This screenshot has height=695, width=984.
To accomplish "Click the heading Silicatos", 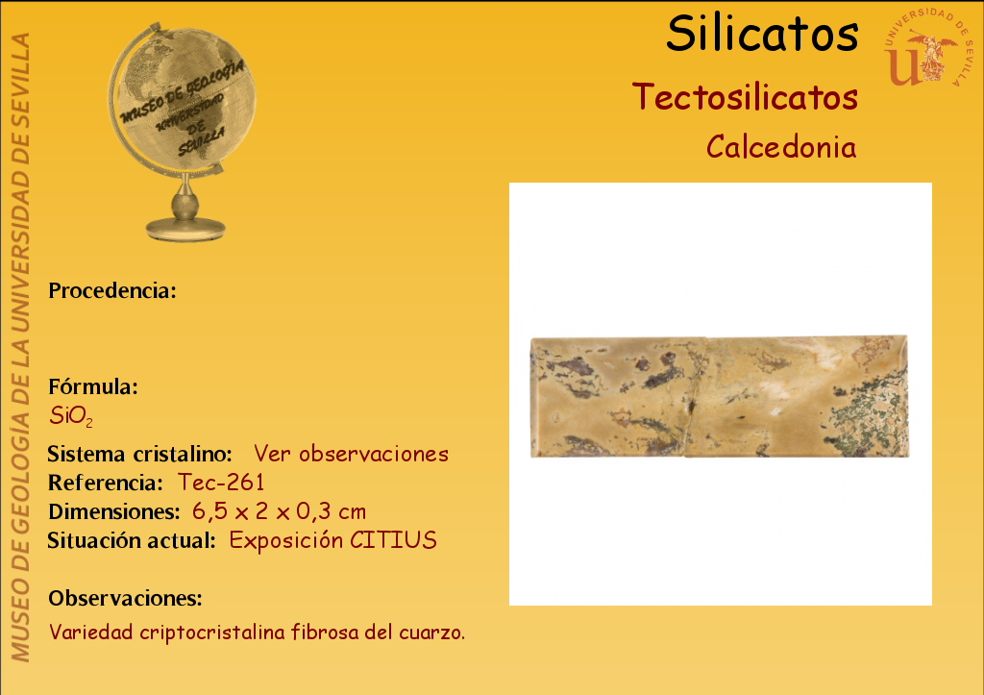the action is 762,34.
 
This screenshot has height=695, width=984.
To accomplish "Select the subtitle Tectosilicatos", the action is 745,97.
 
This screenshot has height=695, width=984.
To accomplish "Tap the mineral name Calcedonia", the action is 781,147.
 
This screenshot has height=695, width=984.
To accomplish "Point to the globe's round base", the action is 185,228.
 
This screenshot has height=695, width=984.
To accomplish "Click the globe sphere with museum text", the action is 183,100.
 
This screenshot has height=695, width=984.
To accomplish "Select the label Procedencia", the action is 112,290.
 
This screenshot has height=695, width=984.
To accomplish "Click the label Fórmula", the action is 93,386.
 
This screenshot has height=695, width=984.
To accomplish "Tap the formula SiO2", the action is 71,416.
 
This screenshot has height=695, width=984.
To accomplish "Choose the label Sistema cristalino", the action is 140,454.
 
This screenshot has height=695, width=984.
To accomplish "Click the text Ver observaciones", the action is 351,454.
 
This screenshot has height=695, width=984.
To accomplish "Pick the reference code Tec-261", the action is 221,483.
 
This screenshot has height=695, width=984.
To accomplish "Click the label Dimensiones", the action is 114,511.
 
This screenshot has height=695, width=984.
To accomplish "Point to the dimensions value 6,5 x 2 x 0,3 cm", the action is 280,511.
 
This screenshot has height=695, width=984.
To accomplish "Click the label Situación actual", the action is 132,540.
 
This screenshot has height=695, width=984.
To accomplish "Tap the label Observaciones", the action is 126,598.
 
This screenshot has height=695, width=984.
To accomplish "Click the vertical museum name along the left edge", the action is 21,347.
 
